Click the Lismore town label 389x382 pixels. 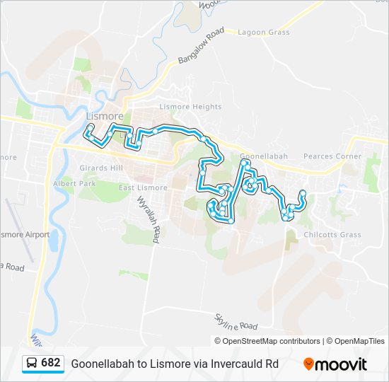(x=104, y=116)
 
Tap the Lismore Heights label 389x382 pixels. (x=190, y=107)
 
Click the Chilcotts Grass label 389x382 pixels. (x=332, y=235)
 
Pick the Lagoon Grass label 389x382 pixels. (x=264, y=33)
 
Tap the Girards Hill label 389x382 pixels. (x=103, y=168)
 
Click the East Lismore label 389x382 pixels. (x=143, y=187)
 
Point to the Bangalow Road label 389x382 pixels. (x=201, y=47)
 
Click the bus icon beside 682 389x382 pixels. (x=30, y=364)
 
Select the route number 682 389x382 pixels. (x=51, y=363)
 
